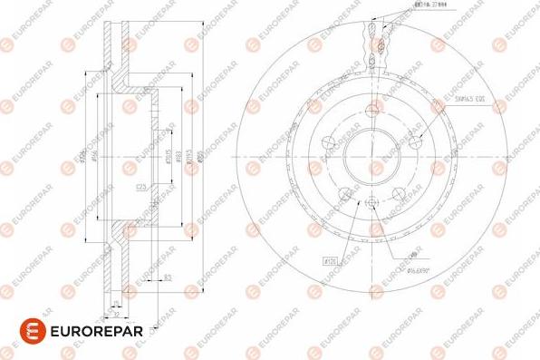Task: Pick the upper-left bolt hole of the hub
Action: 328,142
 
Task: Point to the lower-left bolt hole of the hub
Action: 344,194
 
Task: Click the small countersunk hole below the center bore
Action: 371,201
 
